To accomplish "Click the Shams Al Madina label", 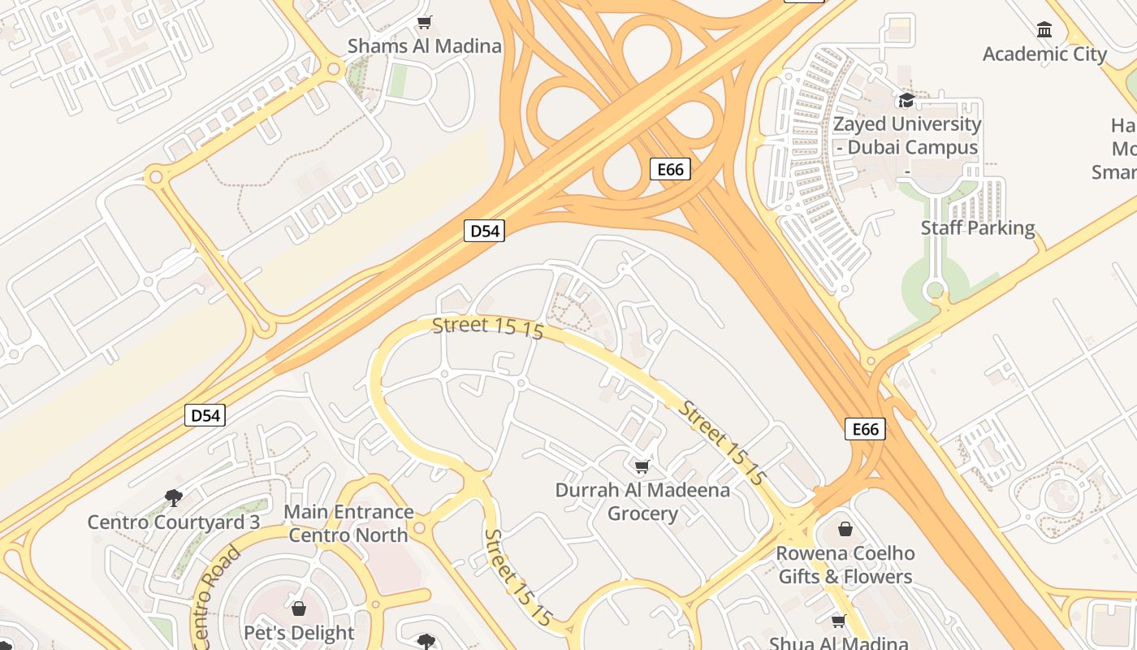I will [424, 45].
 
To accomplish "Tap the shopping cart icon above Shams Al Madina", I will [424, 22].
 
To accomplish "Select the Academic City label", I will [1044, 54].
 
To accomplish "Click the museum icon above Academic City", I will [1044, 31].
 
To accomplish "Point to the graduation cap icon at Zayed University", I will [906, 101].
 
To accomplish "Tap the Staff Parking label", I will [978, 227].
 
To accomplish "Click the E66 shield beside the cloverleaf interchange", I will [670, 169].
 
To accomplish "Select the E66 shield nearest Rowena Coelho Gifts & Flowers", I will [865, 429].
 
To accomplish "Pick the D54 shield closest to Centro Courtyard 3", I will [205, 416].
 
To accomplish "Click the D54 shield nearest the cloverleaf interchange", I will [485, 231].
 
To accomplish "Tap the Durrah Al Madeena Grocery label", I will [642, 501].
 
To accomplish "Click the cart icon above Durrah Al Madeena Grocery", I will [642, 466].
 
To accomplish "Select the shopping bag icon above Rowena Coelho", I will [845, 530].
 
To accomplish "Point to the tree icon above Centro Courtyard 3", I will [173, 497].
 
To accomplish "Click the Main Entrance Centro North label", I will [348, 523].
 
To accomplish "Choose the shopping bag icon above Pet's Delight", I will [299, 609].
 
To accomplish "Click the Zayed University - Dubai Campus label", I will [907, 136].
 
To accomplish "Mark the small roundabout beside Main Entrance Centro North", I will [419, 528].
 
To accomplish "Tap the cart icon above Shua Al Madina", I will [838, 622].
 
